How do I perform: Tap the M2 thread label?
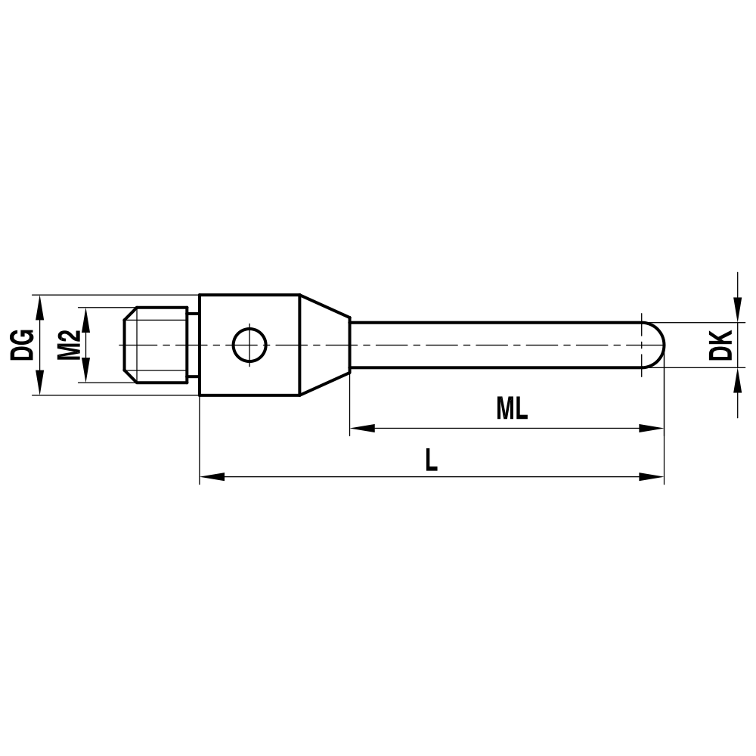pyautogui.click(x=69, y=345)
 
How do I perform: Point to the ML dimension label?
pyautogui.click(x=512, y=409)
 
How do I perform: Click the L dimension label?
pyautogui.click(x=431, y=460)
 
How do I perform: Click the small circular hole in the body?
pyautogui.click(x=249, y=345)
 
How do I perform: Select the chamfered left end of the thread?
pyautogui.click(x=129, y=345)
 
